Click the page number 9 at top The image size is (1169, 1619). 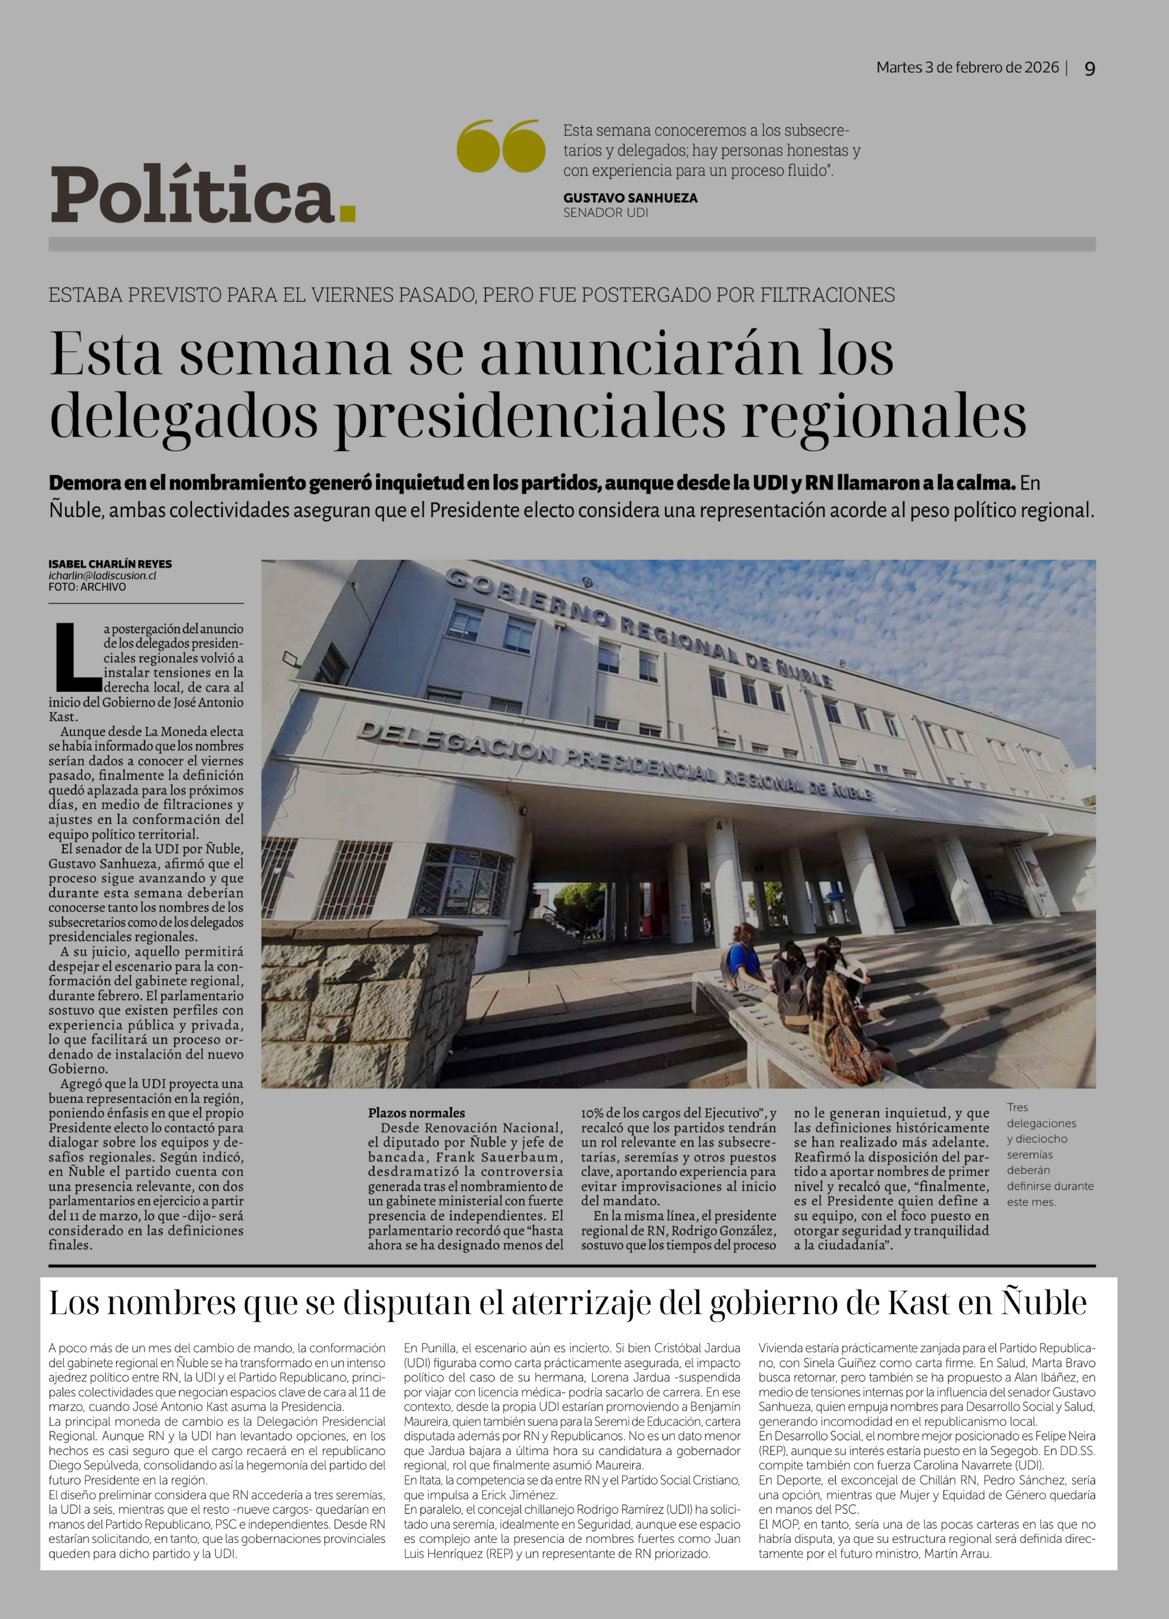click(x=1089, y=69)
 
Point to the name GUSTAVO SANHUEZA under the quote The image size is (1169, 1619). click(x=630, y=198)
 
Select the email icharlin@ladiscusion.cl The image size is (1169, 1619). click(x=102, y=575)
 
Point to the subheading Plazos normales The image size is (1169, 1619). click(x=416, y=1112)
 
